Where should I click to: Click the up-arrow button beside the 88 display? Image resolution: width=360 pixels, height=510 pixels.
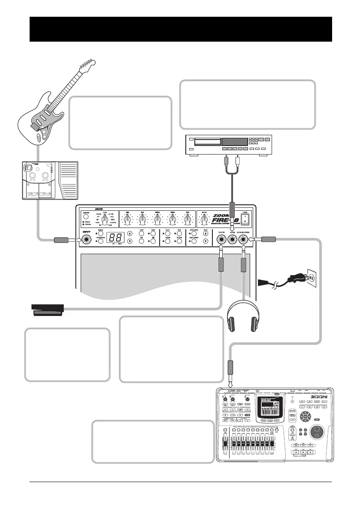pos(130,233)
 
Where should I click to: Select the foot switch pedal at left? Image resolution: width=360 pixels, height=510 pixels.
pos(47,309)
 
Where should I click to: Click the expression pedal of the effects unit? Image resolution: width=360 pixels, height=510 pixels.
pos(68,181)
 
